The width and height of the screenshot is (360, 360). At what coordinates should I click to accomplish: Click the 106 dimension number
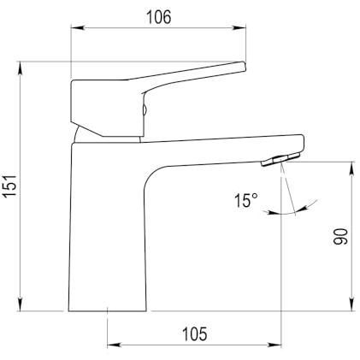tap(158, 17)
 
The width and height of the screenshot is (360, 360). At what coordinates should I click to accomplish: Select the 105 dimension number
tap(195, 334)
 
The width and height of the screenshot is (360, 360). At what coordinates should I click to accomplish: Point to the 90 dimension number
tap(341, 236)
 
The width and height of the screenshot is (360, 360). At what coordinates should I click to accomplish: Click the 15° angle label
tap(246, 200)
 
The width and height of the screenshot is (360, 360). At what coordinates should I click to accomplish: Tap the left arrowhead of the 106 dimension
tap(78, 27)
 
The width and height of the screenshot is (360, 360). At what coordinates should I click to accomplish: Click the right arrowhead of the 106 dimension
tap(239, 27)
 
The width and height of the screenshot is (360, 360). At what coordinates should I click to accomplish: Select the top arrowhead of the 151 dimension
tap(21, 68)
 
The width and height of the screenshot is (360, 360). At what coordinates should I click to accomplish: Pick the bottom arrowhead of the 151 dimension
tap(21, 304)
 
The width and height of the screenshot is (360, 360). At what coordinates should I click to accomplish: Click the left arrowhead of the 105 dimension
tap(115, 345)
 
